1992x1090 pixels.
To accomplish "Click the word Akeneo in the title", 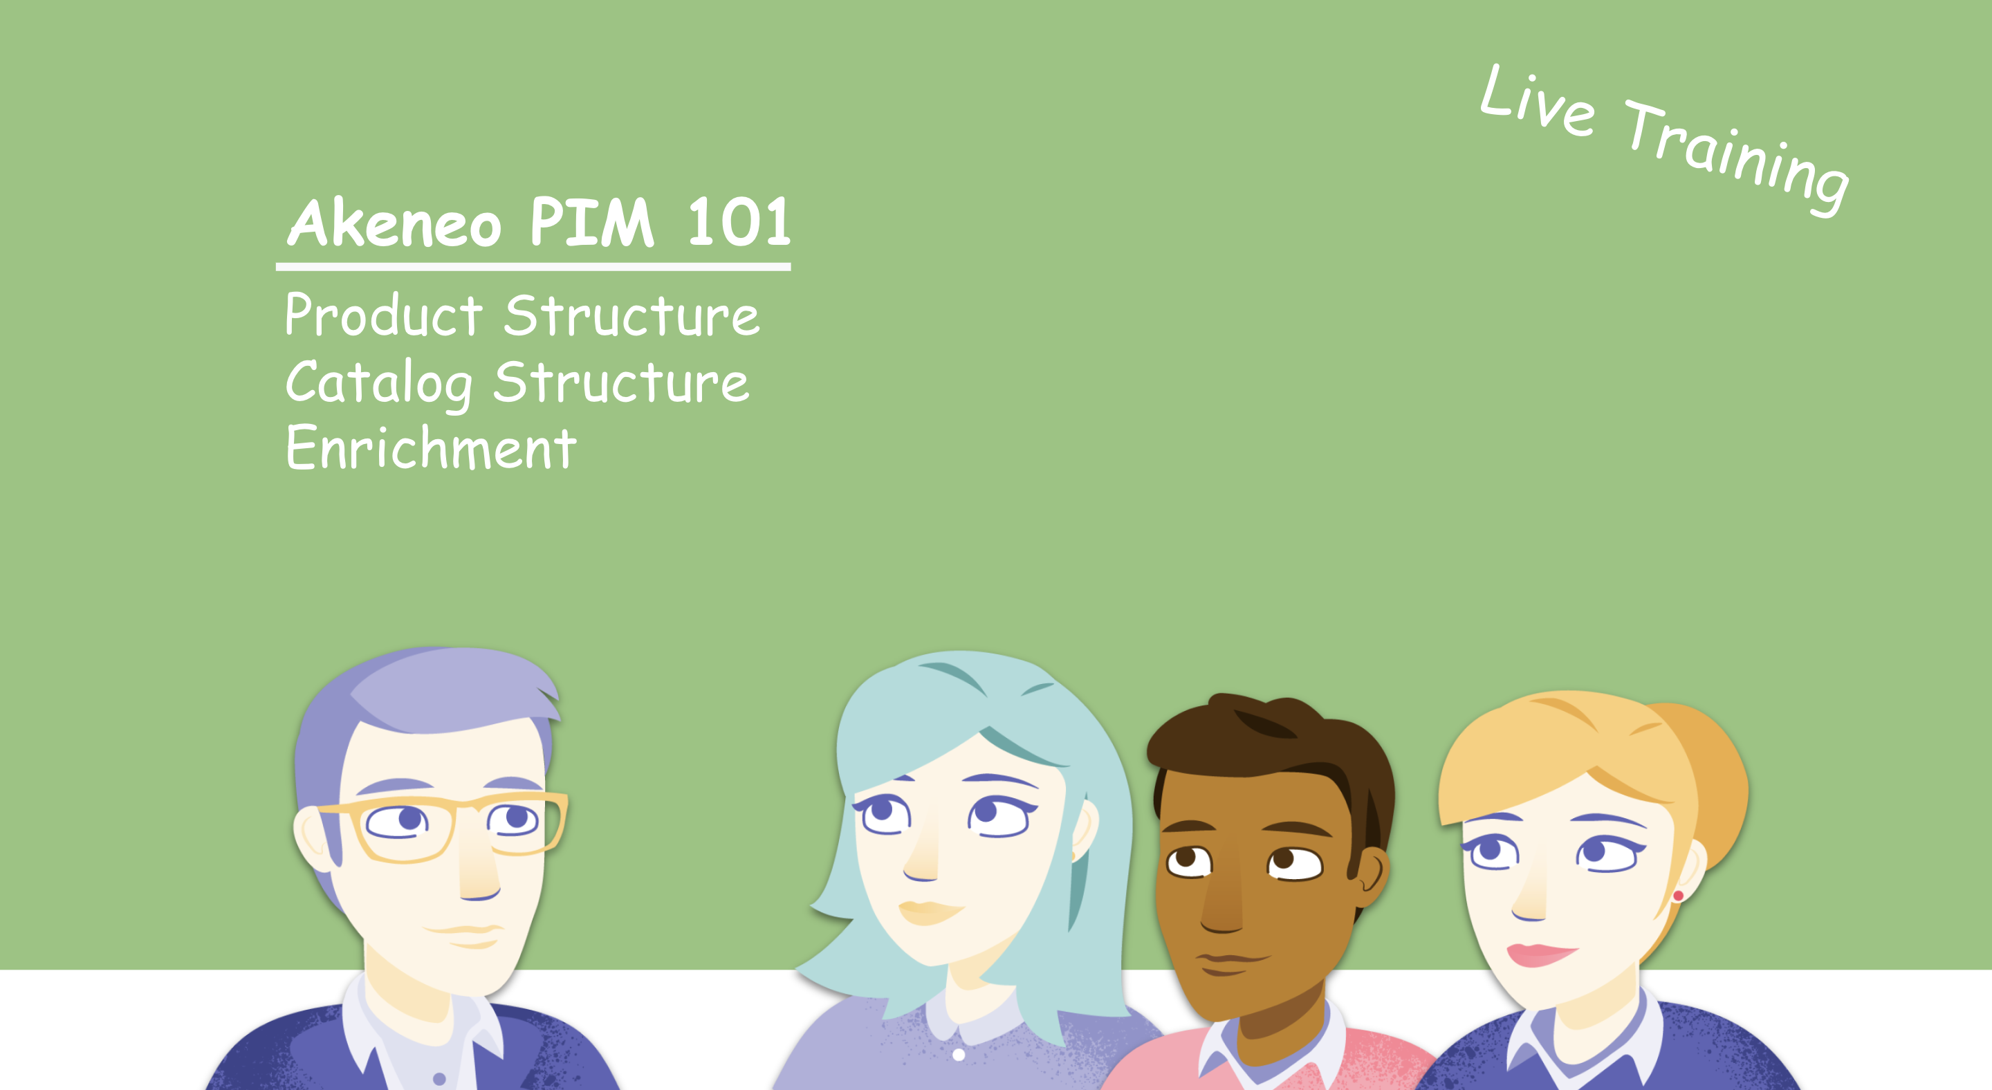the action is point(394,223).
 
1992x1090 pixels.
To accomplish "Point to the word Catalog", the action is point(379,383).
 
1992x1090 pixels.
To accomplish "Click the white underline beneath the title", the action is point(533,267).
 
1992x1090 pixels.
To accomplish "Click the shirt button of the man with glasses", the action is point(439,1078).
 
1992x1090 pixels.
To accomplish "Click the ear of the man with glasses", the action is point(315,839).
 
